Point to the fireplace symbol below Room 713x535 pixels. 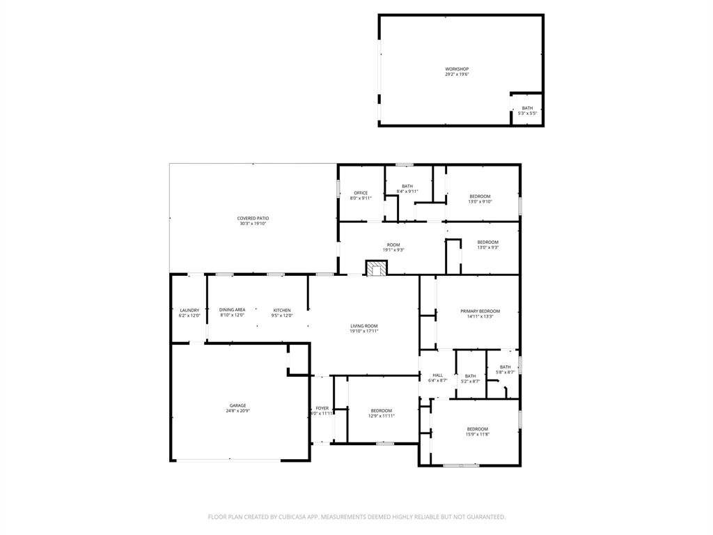coord(377,269)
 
